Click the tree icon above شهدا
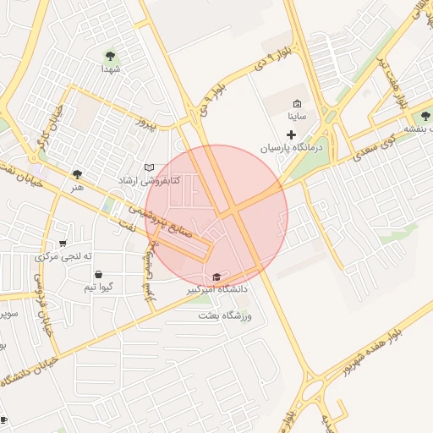(x=109, y=56)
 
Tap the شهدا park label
(x=109, y=69)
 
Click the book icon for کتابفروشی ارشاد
(x=149, y=167)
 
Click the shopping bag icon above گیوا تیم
(x=99, y=275)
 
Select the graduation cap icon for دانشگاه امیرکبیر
(x=216, y=277)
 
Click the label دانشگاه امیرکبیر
(x=217, y=290)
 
